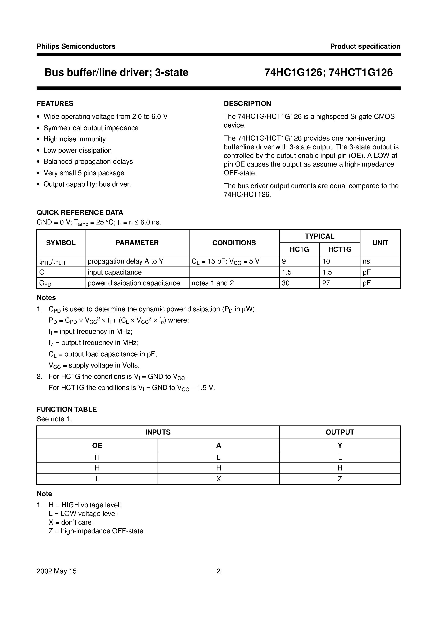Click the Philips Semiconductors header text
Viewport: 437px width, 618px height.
(76, 46)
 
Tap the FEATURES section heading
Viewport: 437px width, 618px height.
(55, 103)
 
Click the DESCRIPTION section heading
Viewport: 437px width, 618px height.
(247, 103)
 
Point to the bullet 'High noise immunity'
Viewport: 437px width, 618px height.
(75, 139)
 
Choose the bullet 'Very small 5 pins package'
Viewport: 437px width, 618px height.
(84, 173)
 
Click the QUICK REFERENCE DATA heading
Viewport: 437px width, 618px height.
(80, 213)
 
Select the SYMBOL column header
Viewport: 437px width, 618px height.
(61, 243)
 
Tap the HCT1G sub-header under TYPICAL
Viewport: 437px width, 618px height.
(339, 250)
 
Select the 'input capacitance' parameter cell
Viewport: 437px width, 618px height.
(114, 272)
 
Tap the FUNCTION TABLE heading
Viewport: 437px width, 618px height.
(67, 409)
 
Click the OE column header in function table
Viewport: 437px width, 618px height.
(97, 446)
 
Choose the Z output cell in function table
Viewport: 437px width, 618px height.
(340, 479)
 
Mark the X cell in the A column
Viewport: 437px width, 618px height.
(218, 479)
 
